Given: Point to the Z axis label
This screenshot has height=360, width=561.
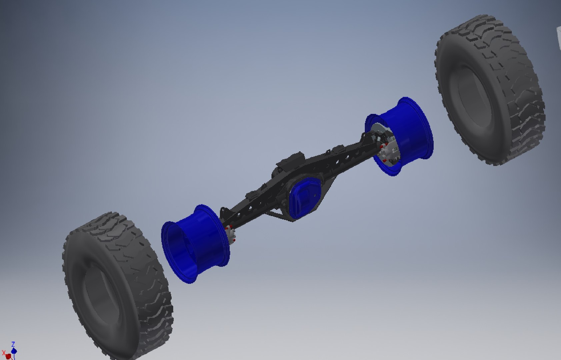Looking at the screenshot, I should point(13,344).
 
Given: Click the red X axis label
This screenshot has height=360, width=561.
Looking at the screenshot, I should point(3,353).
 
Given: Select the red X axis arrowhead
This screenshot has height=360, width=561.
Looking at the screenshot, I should point(8,356).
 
